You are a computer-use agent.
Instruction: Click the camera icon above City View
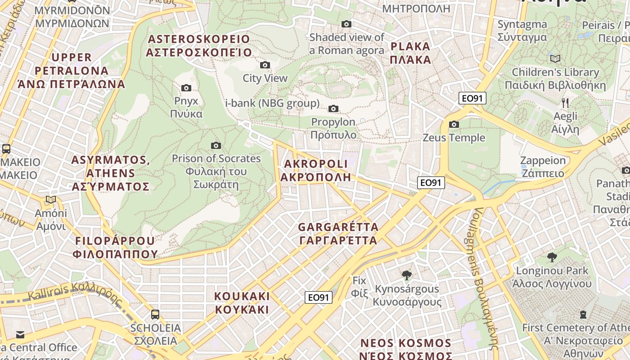[265, 65]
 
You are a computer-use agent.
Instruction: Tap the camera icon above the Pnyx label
[186, 88]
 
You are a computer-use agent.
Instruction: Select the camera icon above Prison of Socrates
[216, 145]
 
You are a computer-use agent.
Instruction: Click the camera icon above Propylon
[333, 108]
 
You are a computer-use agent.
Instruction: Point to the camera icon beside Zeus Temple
[454, 124]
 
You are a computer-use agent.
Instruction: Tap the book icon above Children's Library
[555, 58]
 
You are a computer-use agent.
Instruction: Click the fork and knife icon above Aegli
[565, 103]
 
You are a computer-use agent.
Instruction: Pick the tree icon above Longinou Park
[552, 257]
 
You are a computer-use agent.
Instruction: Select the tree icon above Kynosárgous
[407, 275]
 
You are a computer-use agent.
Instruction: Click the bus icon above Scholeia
[155, 314]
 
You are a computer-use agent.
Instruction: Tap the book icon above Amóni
[51, 199]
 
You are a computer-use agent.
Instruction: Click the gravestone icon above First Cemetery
[583, 314]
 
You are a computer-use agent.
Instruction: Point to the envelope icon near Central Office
[20, 334]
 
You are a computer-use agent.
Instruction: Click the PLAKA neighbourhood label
[410, 53]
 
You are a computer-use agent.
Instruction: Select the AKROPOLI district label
[315, 170]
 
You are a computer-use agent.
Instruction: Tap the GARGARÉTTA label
[338, 233]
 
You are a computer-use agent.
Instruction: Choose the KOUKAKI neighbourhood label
[242, 303]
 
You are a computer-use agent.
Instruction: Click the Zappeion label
[542, 167]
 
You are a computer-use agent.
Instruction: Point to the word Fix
[360, 280]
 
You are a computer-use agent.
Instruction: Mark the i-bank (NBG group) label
[272, 103]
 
